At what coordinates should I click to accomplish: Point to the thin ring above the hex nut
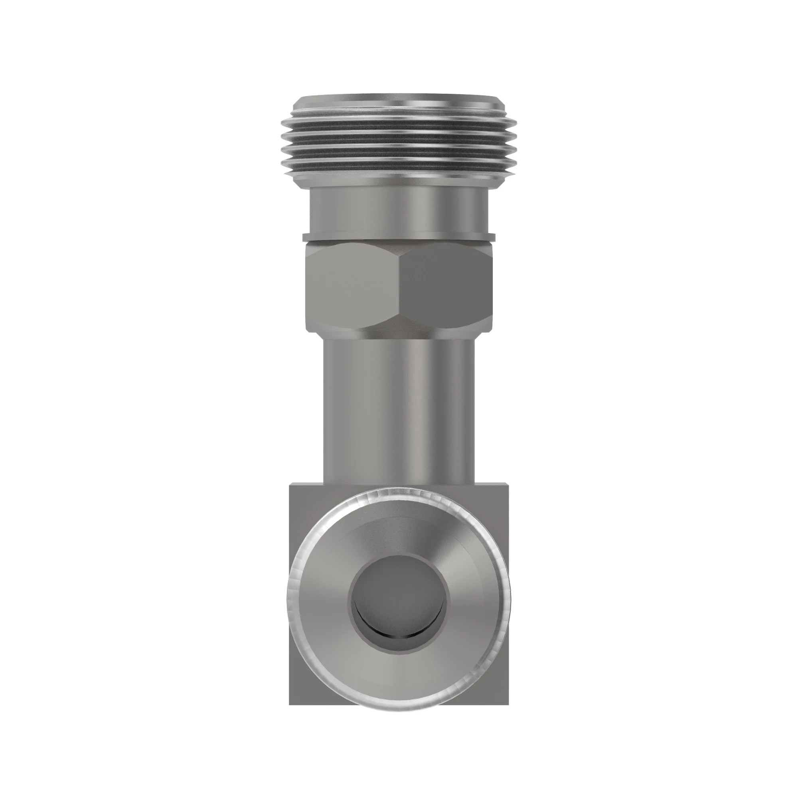(399, 237)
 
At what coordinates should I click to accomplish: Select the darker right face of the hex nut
(446, 285)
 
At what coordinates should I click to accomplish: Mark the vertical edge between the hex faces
(399, 285)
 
